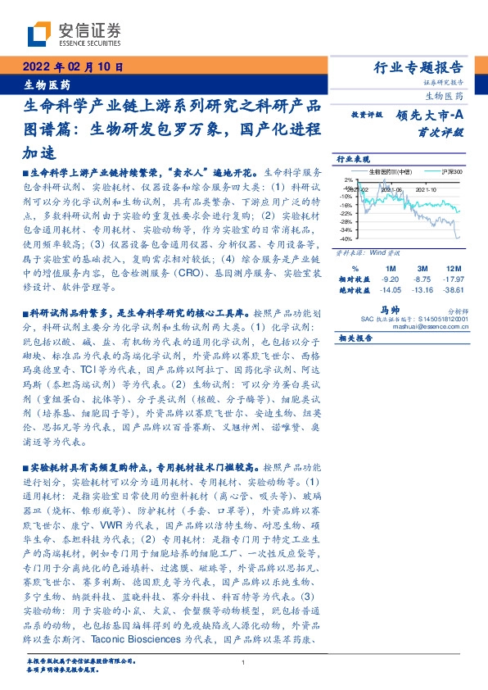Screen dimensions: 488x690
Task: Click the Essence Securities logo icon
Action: [38, 34]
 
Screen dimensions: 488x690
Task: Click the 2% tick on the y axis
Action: [347, 179]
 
